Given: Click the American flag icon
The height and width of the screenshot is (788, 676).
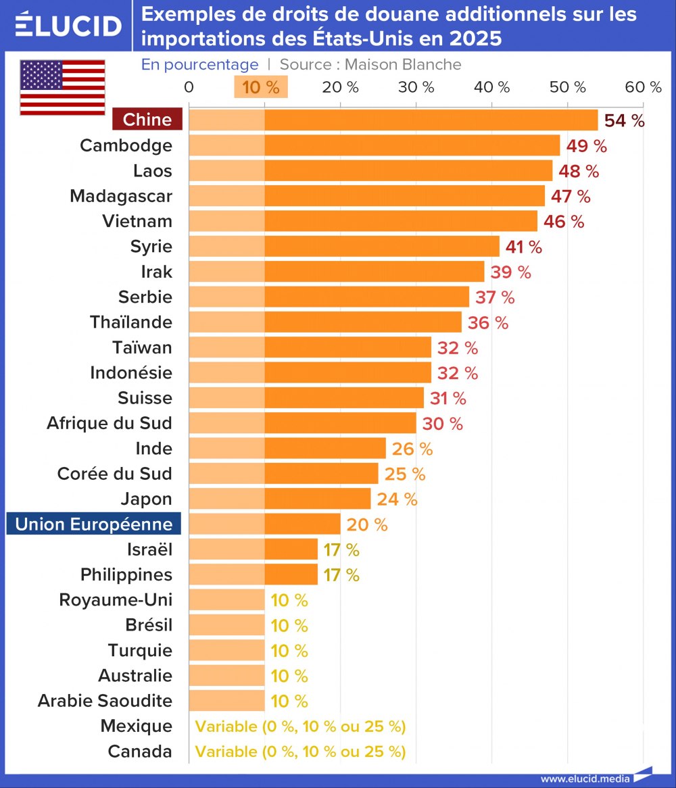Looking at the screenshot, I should (x=62, y=87).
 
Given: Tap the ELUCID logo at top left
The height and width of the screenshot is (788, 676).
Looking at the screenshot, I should (x=68, y=25).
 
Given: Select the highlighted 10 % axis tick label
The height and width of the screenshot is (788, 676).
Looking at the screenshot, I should (x=261, y=87).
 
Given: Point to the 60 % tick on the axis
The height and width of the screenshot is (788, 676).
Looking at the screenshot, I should (x=643, y=87).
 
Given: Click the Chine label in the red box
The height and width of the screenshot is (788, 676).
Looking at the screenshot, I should (x=147, y=120).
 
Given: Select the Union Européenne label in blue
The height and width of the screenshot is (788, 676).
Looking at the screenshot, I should (x=94, y=524).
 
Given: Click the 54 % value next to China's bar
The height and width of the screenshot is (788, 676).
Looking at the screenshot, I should (x=624, y=120).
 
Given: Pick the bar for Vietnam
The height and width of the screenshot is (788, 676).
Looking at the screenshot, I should (x=363, y=221).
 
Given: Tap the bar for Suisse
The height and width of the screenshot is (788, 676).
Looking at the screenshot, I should (x=306, y=398).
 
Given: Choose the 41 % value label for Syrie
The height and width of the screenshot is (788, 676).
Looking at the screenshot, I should (x=524, y=247).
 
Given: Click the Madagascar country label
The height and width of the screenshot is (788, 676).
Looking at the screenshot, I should (x=121, y=196).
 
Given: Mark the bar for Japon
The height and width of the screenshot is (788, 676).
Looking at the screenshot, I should (x=280, y=499).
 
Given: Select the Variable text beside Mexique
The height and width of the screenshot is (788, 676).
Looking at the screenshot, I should (x=300, y=727).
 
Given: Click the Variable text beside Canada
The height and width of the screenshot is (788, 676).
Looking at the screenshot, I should (x=300, y=752).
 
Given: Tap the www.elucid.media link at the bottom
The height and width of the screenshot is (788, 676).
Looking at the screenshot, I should (x=585, y=779).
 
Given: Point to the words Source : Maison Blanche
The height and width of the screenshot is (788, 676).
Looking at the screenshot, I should (x=370, y=64).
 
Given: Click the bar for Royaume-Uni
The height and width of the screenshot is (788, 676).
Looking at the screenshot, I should (x=226, y=600).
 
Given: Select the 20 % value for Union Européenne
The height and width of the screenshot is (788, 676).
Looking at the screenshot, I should (x=367, y=524).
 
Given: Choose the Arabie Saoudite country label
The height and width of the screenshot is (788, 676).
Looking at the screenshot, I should (x=105, y=701).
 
